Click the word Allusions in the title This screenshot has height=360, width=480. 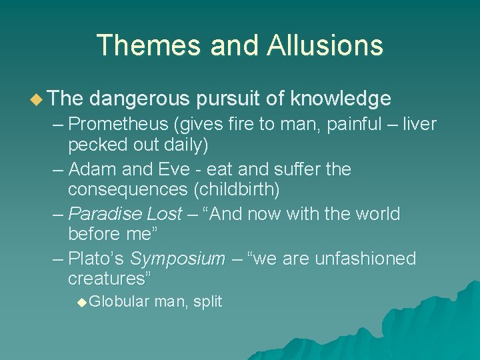(x=325, y=45)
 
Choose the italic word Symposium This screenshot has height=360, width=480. (x=177, y=259)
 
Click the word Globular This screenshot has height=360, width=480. (x=119, y=302)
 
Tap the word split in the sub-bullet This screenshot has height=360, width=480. (x=209, y=302)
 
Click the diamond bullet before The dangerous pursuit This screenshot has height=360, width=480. (x=35, y=99)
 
